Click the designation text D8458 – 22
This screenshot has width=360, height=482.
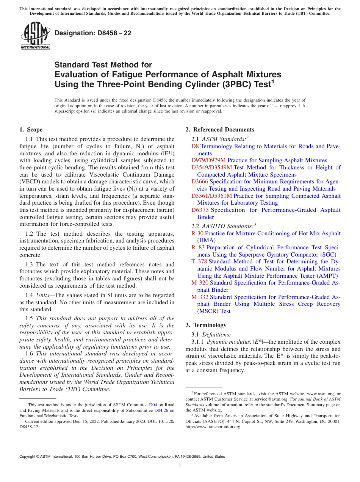(93, 33)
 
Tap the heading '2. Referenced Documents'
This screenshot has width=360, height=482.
(220, 130)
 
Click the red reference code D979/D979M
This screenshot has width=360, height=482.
(208, 160)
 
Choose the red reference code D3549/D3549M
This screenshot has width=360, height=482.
(211, 167)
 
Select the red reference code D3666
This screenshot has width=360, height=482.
(200, 182)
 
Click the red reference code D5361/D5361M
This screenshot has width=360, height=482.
(211, 196)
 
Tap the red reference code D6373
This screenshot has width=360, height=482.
(200, 210)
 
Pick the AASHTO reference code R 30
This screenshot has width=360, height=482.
(197, 233)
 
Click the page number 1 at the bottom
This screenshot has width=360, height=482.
(180, 466)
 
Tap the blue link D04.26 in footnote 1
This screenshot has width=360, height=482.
(161, 410)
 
